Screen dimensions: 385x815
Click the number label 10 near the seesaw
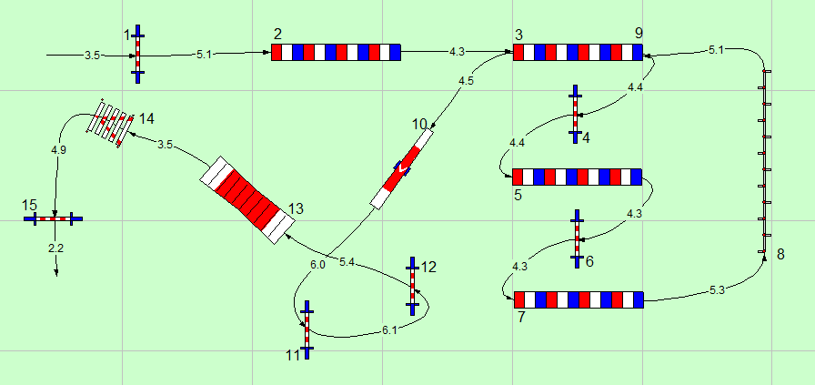click(419, 123)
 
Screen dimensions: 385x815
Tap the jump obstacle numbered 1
click(137, 55)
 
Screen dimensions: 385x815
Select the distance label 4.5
click(466, 81)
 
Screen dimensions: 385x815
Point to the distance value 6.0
click(317, 264)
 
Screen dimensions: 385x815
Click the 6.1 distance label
click(389, 329)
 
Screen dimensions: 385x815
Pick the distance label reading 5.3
click(717, 290)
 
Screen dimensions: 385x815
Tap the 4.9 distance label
click(58, 148)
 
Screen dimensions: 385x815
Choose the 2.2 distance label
click(55, 247)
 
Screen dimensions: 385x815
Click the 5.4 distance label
click(347, 262)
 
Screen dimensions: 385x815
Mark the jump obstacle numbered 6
click(577, 238)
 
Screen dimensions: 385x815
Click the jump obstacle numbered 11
click(307, 329)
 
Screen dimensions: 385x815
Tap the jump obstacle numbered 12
click(412, 285)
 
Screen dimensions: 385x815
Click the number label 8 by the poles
click(780, 254)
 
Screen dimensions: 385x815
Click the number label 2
click(277, 34)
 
